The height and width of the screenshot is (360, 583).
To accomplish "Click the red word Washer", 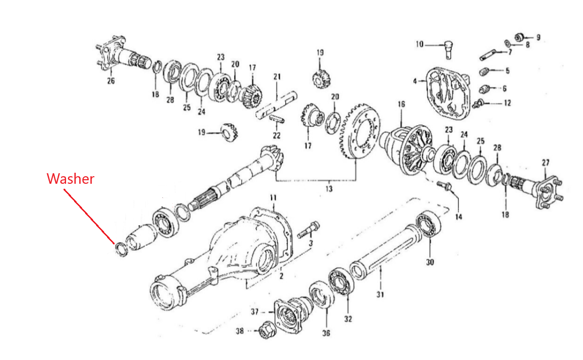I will click(x=71, y=179).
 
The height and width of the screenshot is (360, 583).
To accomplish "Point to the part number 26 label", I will click(x=111, y=80).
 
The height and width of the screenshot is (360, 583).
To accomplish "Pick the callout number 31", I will click(x=380, y=294).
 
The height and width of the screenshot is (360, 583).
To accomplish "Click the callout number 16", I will click(x=401, y=104).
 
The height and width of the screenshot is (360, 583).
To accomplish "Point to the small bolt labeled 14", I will click(x=444, y=186).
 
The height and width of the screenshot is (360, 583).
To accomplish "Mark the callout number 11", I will click(x=273, y=198).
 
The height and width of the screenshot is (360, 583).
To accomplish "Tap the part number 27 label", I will click(x=545, y=162).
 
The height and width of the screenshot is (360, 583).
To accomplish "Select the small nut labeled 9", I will click(x=520, y=37).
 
